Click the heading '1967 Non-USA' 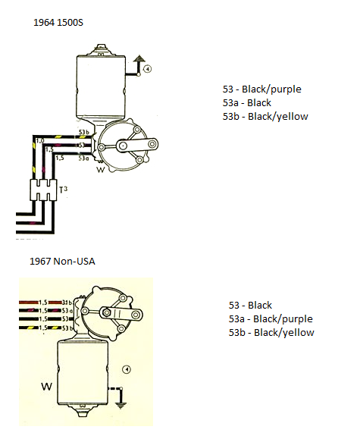tap(63, 262)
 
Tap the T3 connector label tap(64, 189)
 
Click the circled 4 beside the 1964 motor tap(148, 68)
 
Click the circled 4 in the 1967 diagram tap(127, 370)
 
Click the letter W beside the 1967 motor tap(46, 387)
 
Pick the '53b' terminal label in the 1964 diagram tap(85, 131)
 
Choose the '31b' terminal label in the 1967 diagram tap(66, 303)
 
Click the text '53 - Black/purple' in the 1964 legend tap(261, 89)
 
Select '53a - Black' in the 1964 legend tap(247, 103)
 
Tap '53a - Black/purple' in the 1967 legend tap(268, 319)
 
